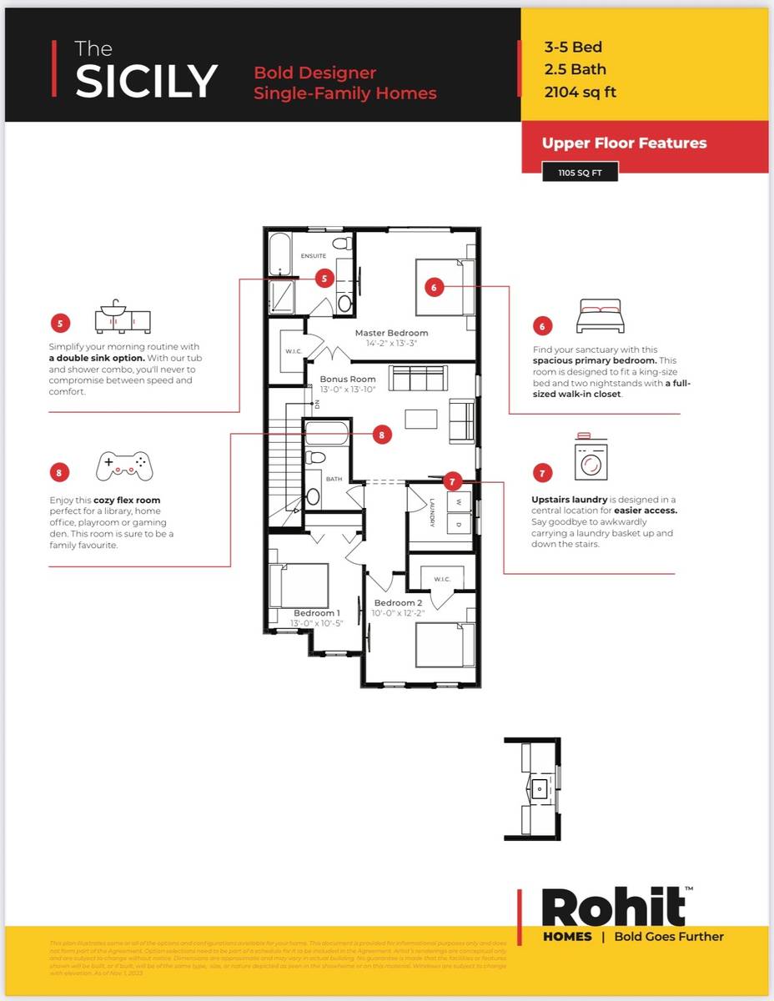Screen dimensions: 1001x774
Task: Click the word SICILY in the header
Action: coord(146,80)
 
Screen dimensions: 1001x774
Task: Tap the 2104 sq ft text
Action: coord(580,92)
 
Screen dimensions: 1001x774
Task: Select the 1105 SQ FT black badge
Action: coord(580,174)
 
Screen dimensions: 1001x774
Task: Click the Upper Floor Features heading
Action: coord(624,143)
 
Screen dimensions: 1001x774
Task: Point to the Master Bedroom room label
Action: coord(391,333)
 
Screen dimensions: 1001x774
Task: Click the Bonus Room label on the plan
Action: coord(348,379)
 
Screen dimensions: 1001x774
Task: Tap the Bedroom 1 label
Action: coord(316,613)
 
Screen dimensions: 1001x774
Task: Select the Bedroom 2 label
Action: coord(398,603)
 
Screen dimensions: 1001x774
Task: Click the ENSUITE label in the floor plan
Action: coord(314,256)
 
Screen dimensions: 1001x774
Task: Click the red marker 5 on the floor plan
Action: coord(324,279)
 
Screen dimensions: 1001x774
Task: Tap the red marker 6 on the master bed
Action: coord(433,287)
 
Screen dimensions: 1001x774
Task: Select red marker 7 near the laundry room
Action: coord(451,481)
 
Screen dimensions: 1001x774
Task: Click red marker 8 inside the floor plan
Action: coord(381,434)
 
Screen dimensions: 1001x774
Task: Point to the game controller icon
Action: coord(124,466)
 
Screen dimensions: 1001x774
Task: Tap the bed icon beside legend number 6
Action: coord(599,317)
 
